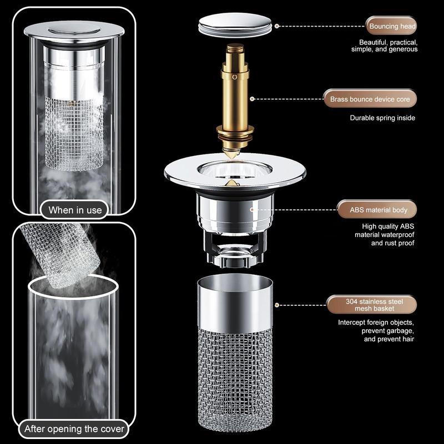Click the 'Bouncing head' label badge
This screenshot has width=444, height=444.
(x=391, y=26)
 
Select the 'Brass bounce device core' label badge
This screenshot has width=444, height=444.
(x=370, y=99)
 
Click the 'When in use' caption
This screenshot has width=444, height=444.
(x=75, y=210)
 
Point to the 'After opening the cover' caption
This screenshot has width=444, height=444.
(x=75, y=428)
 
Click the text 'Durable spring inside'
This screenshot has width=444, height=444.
(x=382, y=118)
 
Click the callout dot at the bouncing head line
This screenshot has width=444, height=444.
(x=277, y=26)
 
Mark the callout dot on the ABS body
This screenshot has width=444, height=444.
(x=252, y=210)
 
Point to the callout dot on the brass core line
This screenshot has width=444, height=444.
(x=253, y=99)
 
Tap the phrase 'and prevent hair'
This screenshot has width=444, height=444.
(x=389, y=339)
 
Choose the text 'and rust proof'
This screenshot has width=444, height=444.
(x=392, y=243)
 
